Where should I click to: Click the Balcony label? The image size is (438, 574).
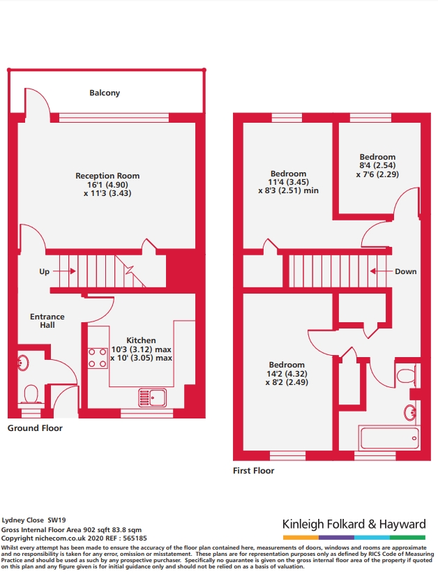[x=105, y=93]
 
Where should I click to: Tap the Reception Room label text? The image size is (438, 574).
[x=107, y=176]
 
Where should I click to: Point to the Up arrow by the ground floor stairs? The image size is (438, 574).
[x=64, y=271]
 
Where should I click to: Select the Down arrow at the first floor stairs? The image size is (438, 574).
[x=382, y=271]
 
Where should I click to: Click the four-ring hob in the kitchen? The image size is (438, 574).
[x=98, y=358]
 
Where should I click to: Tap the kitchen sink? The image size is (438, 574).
[x=152, y=398]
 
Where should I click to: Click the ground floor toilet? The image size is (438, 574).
[x=31, y=395]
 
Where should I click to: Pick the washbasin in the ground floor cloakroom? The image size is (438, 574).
[x=23, y=363]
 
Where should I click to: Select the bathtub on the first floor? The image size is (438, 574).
[x=389, y=438]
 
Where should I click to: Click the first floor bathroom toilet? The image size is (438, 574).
[x=407, y=375]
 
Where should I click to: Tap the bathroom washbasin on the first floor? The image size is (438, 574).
[x=410, y=413]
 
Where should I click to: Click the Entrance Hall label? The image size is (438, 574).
[x=47, y=321]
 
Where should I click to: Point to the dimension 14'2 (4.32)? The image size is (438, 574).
[x=287, y=374]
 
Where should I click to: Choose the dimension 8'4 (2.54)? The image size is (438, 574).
[x=377, y=165]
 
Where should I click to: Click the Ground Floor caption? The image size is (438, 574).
[x=35, y=428]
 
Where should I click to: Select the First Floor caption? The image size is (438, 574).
[x=253, y=471]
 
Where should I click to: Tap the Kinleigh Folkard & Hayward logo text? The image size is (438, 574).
[x=354, y=524]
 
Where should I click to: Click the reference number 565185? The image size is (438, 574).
[x=135, y=538]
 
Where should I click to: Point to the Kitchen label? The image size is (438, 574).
[x=141, y=340]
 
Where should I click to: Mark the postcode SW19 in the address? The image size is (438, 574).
[x=56, y=520]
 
